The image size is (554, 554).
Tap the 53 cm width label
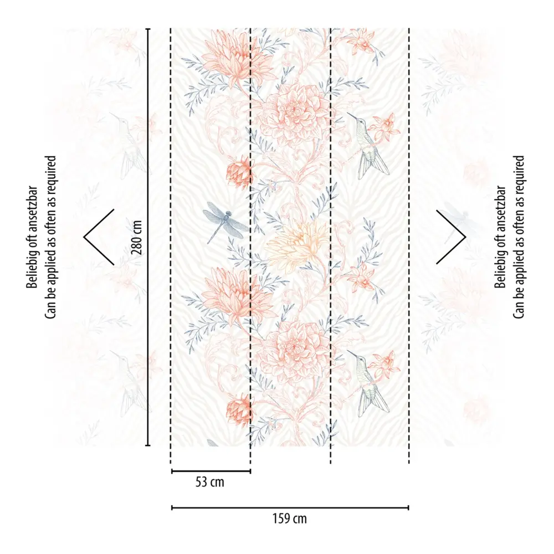click(210, 482)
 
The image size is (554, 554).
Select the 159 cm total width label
click(290, 519)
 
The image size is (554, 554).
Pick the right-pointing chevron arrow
click(452, 237)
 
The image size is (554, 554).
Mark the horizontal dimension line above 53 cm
click(211, 471)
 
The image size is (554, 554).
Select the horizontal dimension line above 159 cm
click(290, 507)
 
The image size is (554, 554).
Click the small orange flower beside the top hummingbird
click(384, 127)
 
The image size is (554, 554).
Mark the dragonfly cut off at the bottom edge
click(212, 443)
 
